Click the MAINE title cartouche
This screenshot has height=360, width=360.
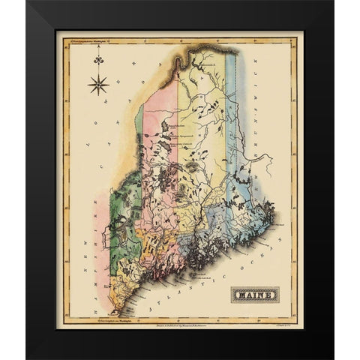[254, 294]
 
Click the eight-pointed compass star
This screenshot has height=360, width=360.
[98, 84]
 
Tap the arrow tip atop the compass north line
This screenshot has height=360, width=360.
[98, 68]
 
